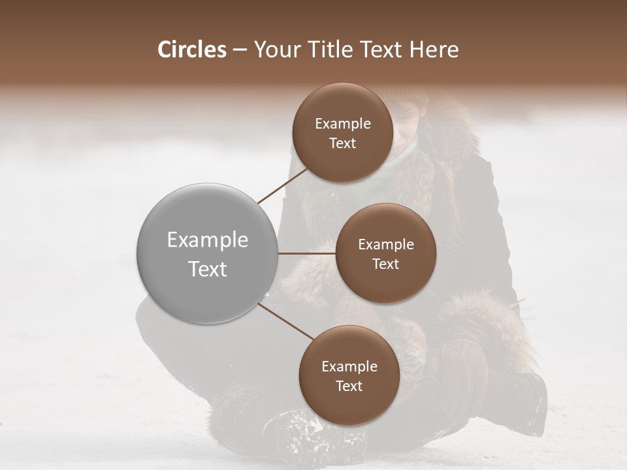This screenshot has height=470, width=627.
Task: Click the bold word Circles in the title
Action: (x=191, y=50)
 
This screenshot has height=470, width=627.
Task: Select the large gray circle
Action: (x=207, y=253)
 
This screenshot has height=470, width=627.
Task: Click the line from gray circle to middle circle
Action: (x=306, y=253)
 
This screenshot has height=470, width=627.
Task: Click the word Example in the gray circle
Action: (x=207, y=240)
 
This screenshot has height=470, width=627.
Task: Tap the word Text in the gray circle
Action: (x=207, y=269)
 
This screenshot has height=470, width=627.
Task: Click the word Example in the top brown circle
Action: (x=342, y=123)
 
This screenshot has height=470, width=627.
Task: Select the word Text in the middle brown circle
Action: (x=385, y=264)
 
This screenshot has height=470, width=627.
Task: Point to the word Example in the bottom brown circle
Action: (x=349, y=367)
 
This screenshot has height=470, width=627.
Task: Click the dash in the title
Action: (x=240, y=50)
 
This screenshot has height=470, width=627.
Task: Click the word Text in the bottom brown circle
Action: (x=349, y=386)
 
